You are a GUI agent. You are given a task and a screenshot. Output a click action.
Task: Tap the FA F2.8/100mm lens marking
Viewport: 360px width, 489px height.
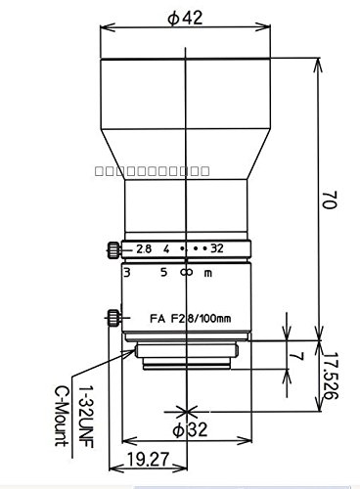pyautogui.click(x=186, y=318)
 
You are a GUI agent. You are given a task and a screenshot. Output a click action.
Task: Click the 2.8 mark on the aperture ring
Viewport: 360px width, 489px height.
pyautogui.click(x=145, y=248)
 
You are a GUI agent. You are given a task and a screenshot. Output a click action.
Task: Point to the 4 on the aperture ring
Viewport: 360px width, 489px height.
pyautogui.click(x=168, y=248)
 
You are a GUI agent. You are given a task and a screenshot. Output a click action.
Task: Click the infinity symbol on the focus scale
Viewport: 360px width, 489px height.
pyautogui.click(x=186, y=274)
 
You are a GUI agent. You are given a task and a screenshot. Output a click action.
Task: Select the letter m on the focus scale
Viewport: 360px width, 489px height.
pyautogui.click(x=207, y=274)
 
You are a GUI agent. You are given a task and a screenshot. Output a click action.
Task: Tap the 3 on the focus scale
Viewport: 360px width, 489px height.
pyautogui.click(x=129, y=274)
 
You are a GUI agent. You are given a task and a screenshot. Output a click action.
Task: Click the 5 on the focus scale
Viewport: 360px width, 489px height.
pyautogui.click(x=163, y=274)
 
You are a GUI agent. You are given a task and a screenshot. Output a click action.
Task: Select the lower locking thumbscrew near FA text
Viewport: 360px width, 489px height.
pyautogui.click(x=113, y=317)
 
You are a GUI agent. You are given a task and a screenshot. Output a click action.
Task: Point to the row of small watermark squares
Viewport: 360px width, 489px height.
pyautogui.click(x=153, y=170)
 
